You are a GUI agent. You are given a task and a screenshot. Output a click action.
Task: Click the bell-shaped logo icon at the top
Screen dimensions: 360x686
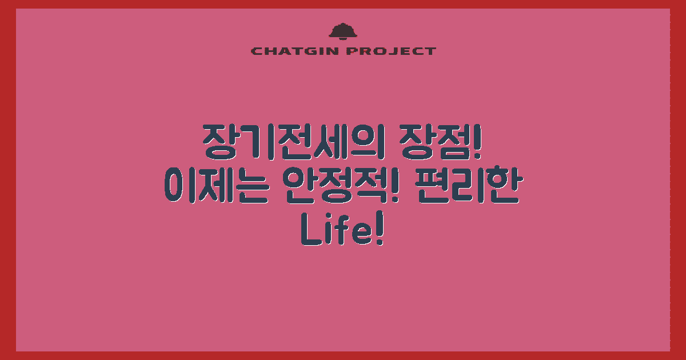pyautogui.click(x=343, y=31)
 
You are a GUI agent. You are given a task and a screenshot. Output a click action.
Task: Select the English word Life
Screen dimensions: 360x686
pyautogui.click(x=336, y=231)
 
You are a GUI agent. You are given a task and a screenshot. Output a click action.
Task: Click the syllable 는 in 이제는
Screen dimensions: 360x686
pyautogui.click(x=249, y=186)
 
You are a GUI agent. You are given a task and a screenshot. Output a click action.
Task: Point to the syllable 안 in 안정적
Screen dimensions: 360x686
pyautogui.click(x=298, y=186)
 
